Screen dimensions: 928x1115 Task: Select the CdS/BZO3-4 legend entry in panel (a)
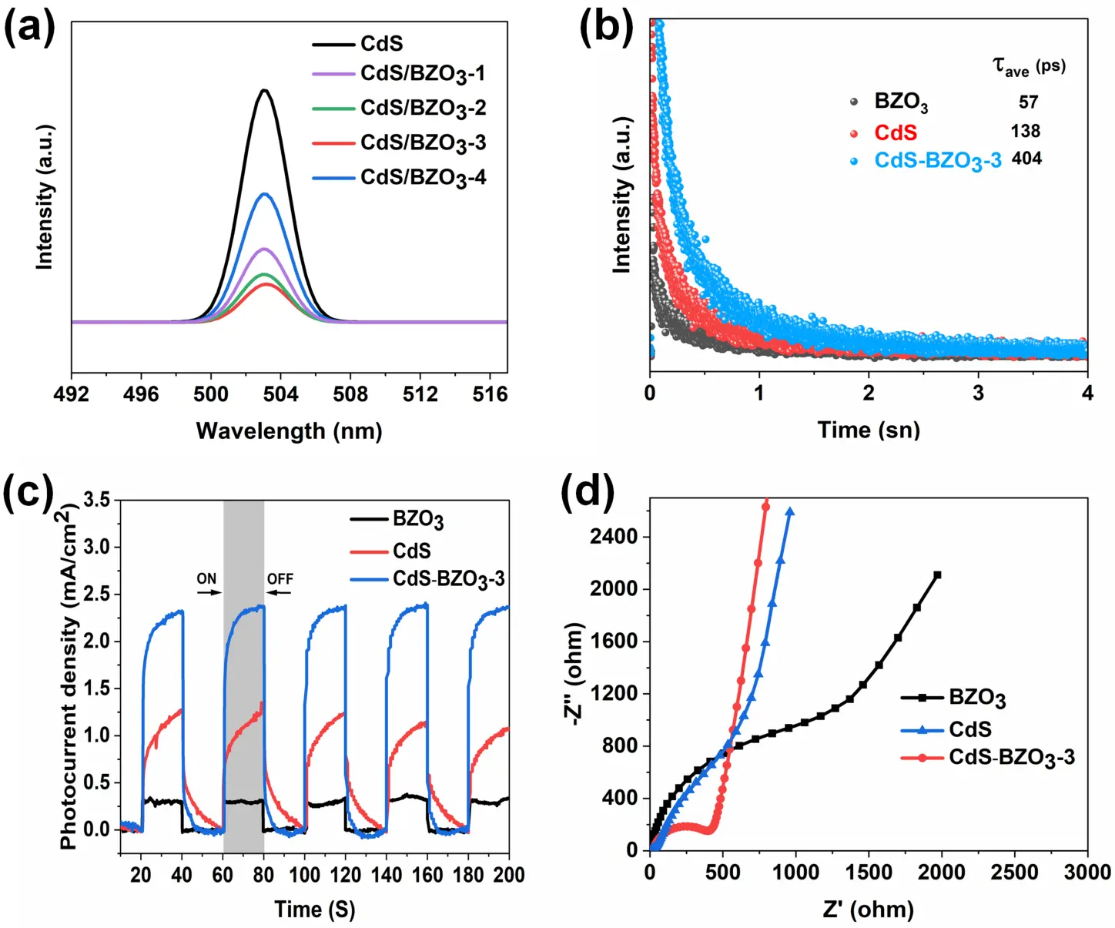pos(423,178)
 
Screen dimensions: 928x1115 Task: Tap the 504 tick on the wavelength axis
pos(280,394)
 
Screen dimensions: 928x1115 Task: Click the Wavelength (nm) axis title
pos(289,430)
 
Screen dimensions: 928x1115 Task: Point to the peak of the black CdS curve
pos(265,90)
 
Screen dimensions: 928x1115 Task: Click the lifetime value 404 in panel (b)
pos(1026,159)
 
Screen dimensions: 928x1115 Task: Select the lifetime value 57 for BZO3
pos(1028,102)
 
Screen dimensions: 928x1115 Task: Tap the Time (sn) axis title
pos(869,430)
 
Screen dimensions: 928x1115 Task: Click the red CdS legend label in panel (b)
pos(896,132)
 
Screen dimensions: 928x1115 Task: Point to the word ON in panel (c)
pos(206,578)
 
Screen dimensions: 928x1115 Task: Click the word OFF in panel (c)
pos(280,578)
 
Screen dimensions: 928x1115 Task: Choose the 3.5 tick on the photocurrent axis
pos(96,501)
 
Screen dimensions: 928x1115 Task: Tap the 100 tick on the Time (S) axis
pos(305,875)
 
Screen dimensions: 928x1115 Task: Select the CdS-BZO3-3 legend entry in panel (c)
pos(448,579)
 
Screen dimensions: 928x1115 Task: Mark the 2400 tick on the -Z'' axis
pos(614,536)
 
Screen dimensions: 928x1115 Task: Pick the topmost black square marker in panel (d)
pos(937,575)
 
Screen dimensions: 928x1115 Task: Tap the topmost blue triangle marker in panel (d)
pos(790,511)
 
